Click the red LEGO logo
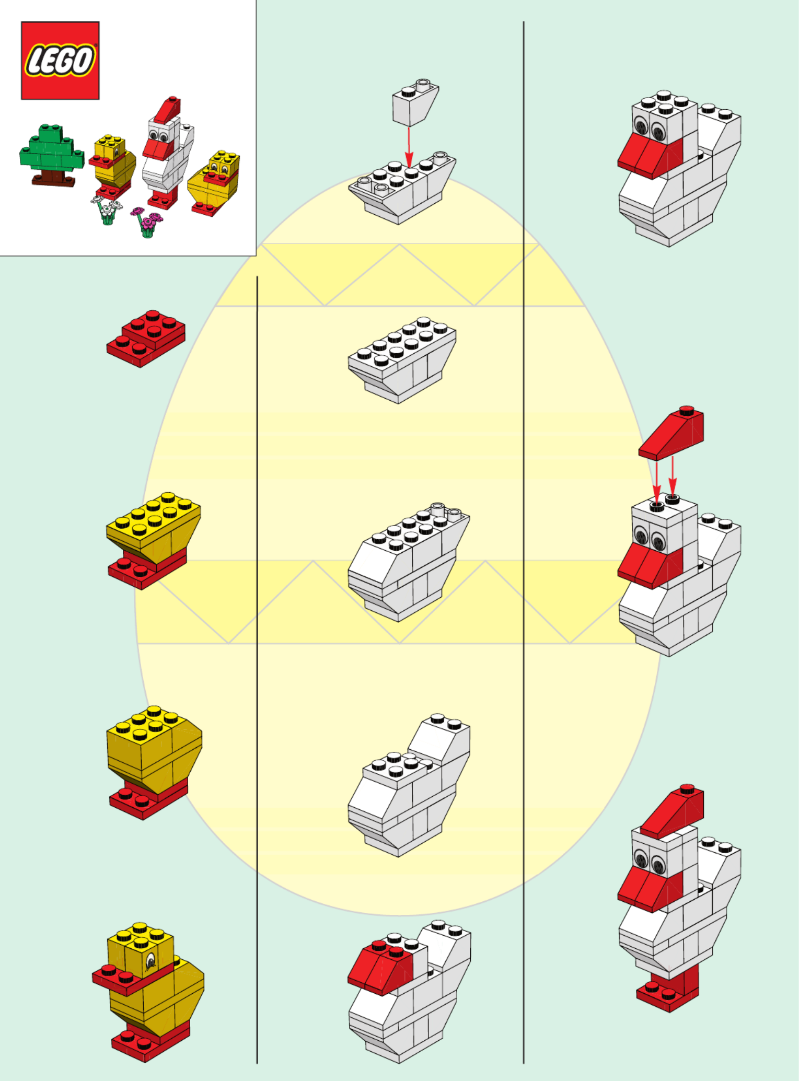[60, 60]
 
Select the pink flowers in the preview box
[146, 222]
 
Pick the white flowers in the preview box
[107, 211]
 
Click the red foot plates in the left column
[146, 339]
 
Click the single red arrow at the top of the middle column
[409, 147]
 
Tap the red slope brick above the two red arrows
[671, 433]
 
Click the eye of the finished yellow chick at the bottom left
[150, 960]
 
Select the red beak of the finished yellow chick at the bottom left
[131, 978]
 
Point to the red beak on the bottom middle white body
[380, 967]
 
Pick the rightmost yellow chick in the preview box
[214, 183]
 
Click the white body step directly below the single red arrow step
[402, 360]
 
